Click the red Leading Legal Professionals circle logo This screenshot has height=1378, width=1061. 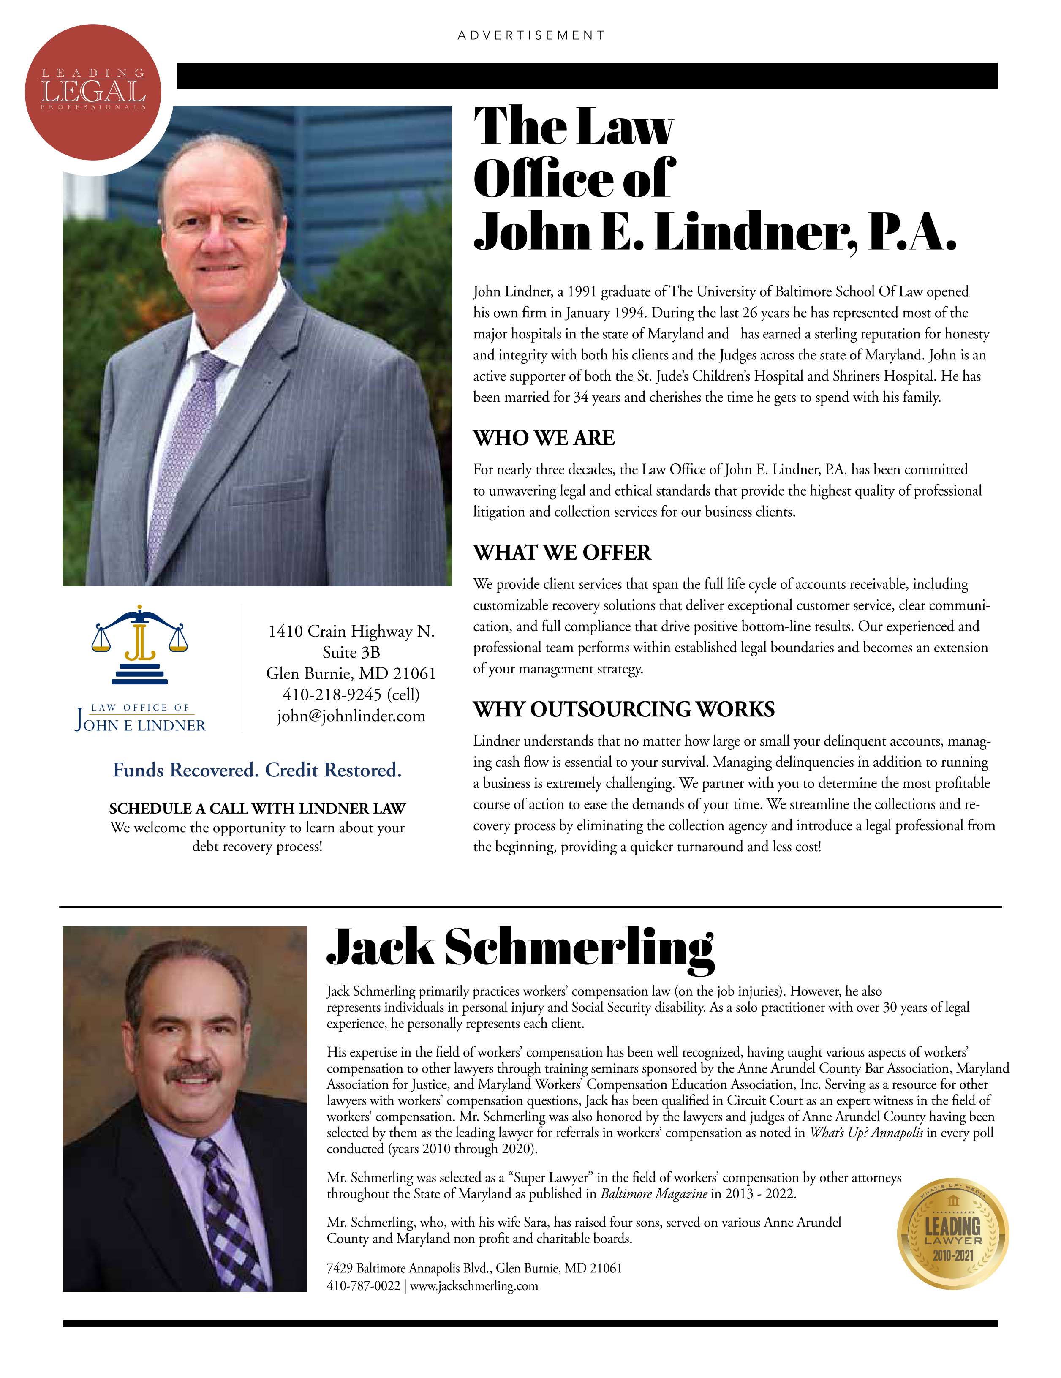(x=93, y=92)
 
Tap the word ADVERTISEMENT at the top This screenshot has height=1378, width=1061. (x=530, y=35)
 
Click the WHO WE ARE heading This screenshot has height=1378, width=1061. (x=544, y=438)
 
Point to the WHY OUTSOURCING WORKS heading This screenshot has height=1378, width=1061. (x=624, y=709)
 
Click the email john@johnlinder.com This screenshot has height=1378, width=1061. (x=351, y=716)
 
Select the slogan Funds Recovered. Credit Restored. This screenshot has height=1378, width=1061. (x=257, y=771)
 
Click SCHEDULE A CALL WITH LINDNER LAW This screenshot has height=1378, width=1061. (x=257, y=809)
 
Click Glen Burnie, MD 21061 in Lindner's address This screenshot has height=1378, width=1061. (x=351, y=674)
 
